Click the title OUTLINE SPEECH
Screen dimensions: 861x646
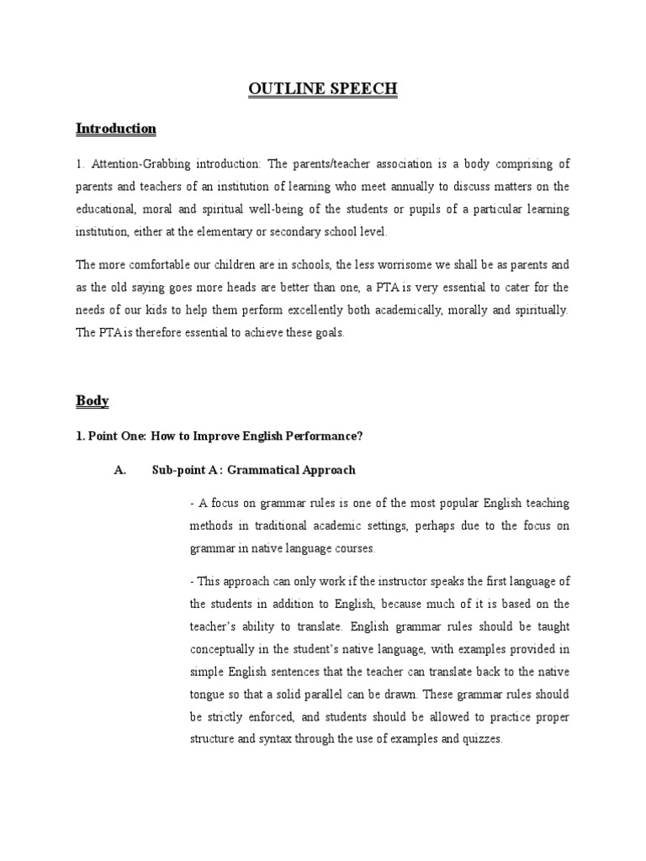(323, 90)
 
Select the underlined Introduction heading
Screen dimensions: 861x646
(116, 129)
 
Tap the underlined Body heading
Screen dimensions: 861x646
(93, 400)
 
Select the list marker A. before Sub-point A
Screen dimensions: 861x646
(120, 470)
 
